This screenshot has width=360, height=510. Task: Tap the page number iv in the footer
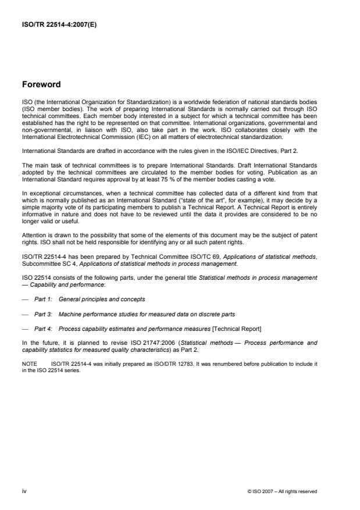(x=24, y=491)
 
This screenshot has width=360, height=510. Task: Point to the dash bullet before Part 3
(x=26, y=314)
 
